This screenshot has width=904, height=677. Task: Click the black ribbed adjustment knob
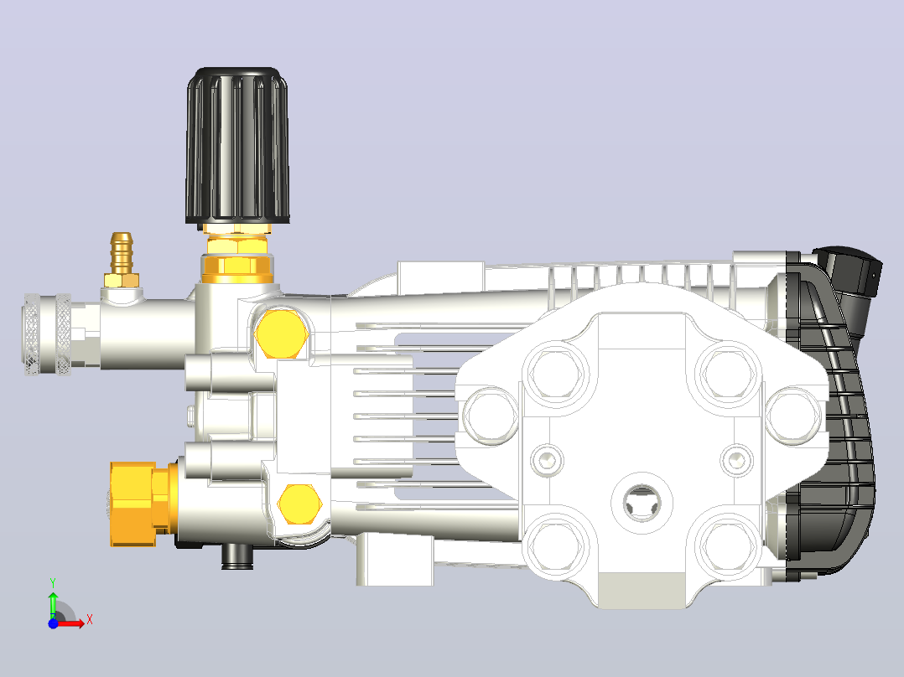pos(237,146)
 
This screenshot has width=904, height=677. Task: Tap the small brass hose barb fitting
pos(122,260)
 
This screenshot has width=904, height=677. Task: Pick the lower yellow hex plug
pos(299,504)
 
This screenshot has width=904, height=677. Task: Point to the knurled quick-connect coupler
pos(49,334)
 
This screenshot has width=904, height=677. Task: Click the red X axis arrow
pos(72,623)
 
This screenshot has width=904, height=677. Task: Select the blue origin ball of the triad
pos(53,623)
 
